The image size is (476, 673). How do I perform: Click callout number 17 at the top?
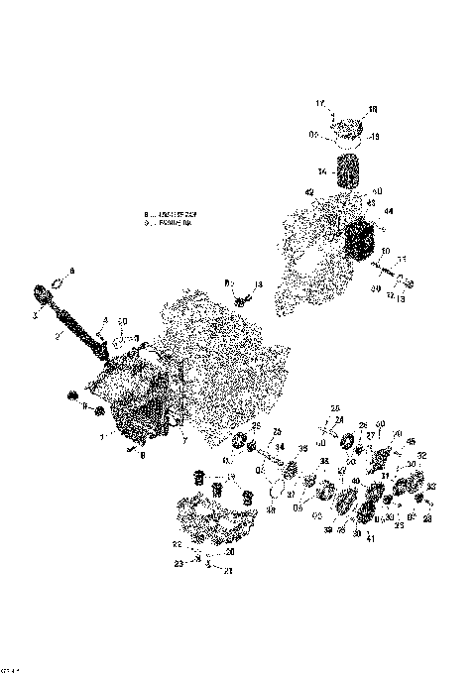pos(320,103)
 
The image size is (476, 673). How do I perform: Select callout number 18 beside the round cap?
pos(373,109)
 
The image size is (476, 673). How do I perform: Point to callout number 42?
pos(308,192)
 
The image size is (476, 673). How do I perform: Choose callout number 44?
pos(388,211)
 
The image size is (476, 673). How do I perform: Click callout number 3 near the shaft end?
pos(35,314)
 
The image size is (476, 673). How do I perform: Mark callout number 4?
pos(104,319)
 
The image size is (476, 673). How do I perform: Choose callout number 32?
pos(421,456)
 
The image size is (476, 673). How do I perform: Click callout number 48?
pos(271,511)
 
